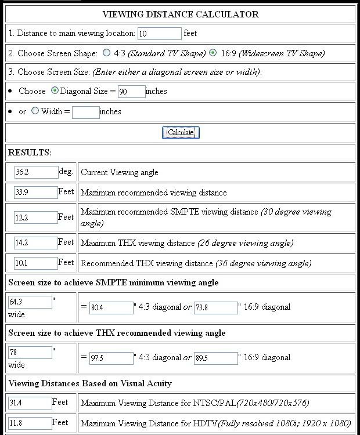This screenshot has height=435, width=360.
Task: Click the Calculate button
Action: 181,132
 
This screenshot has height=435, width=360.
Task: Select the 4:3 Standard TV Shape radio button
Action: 106,53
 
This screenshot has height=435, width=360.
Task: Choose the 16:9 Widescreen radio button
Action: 213,53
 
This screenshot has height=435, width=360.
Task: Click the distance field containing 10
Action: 160,34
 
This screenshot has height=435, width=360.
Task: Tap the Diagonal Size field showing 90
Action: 131,91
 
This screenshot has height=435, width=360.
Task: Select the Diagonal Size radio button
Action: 55,90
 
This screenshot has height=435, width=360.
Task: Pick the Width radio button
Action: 35,111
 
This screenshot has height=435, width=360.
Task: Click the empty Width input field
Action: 86,111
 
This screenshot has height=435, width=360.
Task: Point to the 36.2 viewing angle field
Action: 36,172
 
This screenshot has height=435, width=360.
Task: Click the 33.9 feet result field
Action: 36,193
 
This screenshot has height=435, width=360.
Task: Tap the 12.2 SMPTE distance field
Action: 36,217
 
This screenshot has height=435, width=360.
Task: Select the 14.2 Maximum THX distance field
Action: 36,243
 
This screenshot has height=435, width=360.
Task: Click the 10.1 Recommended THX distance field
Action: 36,263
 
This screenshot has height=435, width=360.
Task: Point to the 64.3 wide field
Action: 30,302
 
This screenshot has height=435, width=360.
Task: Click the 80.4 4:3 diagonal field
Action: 111,307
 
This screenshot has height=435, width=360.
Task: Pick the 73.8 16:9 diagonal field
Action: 216,307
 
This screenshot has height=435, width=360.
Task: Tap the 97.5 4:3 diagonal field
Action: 111,358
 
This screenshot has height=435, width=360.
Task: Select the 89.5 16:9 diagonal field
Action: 216,358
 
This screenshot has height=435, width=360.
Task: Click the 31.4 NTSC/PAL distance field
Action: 30,403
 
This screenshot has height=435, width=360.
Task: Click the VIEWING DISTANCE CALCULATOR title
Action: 181,14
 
